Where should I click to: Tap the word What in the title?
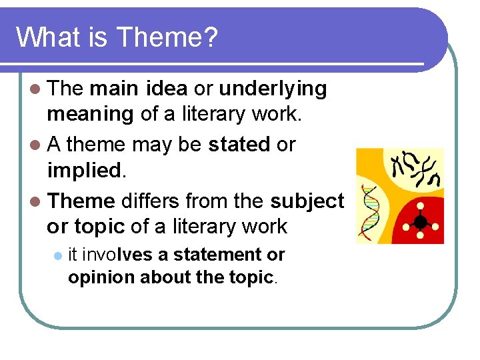[42, 37]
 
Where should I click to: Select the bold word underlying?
[273, 89]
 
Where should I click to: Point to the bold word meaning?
[90, 115]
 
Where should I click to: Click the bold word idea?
[166, 89]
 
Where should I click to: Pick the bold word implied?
[83, 170]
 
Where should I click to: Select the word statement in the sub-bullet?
[221, 255]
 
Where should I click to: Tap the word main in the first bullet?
[113, 89]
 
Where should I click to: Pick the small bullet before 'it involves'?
[58, 255]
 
